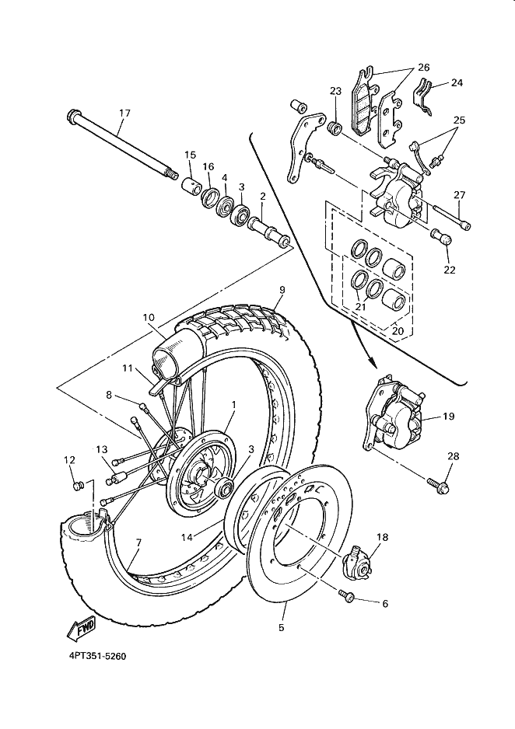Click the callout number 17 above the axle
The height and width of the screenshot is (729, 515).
124,113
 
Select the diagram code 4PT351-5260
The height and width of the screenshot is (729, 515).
97,656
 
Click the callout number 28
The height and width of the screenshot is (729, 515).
453,456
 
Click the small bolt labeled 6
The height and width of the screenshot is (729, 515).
347,595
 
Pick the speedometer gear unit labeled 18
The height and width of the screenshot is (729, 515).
358,561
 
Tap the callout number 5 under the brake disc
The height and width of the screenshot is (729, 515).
281,628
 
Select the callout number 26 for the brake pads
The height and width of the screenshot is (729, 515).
423,68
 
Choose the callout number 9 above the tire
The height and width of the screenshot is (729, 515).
282,290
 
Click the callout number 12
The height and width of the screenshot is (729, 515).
69,460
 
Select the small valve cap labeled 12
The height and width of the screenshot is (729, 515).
78,486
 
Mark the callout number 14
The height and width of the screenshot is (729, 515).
187,537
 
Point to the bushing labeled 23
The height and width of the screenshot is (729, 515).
335,127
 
